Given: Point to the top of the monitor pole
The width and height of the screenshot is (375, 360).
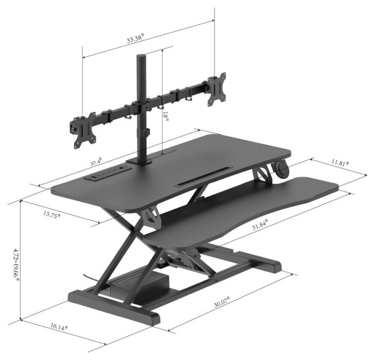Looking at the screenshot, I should (x=141, y=58).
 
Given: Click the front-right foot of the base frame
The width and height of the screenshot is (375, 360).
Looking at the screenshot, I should (x=146, y=317).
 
